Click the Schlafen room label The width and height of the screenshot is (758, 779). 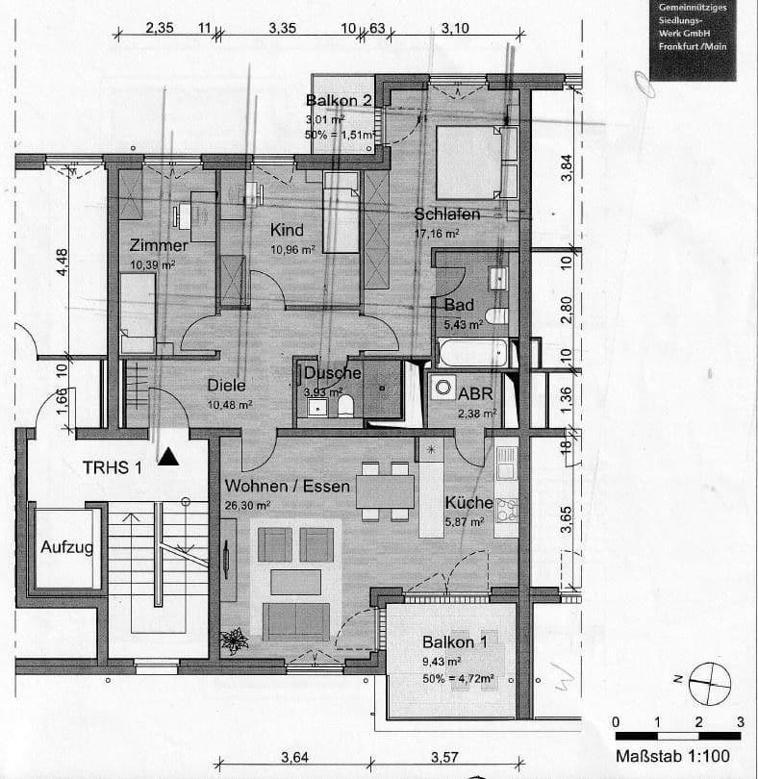click(447, 214)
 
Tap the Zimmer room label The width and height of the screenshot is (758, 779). click(159, 245)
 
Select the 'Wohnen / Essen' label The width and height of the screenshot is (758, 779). click(286, 486)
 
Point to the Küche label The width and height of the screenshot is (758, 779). click(468, 503)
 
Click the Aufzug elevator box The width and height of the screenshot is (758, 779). click(67, 547)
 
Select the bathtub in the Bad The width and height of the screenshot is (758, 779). click(471, 352)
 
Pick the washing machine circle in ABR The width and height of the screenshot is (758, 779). click(443, 389)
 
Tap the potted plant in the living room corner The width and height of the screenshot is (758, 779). click(233, 639)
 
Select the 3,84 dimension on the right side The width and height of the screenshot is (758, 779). click(567, 167)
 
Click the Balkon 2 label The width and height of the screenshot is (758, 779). click(339, 101)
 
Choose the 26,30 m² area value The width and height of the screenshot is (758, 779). click(249, 503)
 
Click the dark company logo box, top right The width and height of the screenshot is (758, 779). click(693, 39)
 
